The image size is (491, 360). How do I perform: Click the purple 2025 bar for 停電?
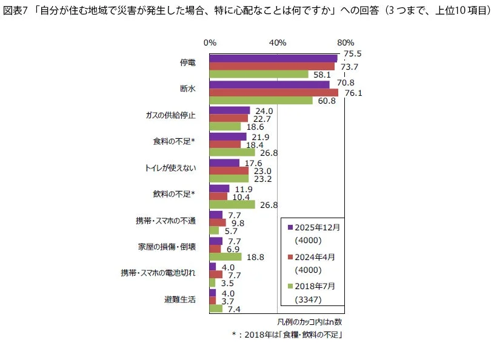pyautogui.click(x=273, y=58)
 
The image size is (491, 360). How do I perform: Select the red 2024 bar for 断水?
pyautogui.click(x=273, y=92)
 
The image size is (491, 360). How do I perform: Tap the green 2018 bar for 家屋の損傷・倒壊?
pyautogui.click(x=225, y=256)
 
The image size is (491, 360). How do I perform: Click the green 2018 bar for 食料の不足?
pyautogui.click(x=232, y=152)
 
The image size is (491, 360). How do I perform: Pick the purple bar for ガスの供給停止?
pyautogui.click(x=229, y=110)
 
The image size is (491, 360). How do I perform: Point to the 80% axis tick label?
pyautogui.click(x=345, y=42)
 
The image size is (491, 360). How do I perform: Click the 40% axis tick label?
pyautogui.click(x=277, y=42)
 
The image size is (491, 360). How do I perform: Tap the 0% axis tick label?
pyautogui.click(x=210, y=42)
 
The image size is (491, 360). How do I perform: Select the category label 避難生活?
pyautogui.click(x=180, y=299)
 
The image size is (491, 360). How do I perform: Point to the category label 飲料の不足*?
pyautogui.click(x=174, y=195)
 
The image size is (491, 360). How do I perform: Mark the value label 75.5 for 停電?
pyautogui.click(x=352, y=53)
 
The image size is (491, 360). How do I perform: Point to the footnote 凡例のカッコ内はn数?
pyautogui.click(x=309, y=321)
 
